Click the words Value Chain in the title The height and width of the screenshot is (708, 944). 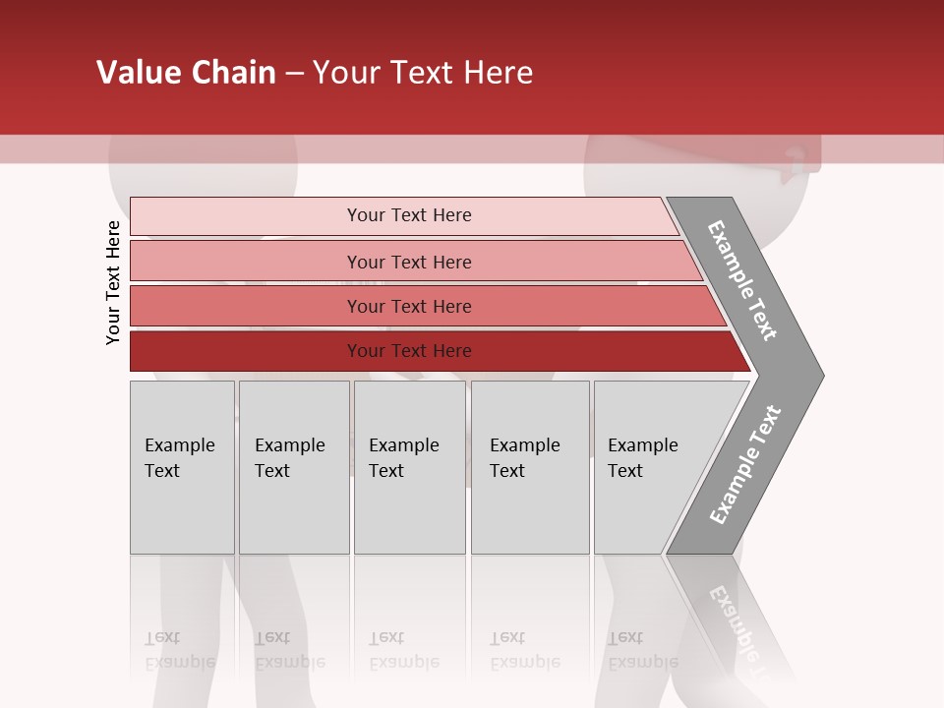[x=186, y=73]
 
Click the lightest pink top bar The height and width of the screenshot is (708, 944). [x=246, y=215]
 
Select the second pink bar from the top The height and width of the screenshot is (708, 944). [x=246, y=262]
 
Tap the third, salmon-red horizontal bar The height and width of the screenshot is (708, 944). [x=246, y=306]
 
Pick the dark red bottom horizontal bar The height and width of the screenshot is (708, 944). [x=246, y=351]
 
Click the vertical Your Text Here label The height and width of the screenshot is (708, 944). [x=113, y=282]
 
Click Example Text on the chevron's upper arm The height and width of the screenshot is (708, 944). [x=742, y=280]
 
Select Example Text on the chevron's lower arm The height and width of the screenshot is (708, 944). [x=744, y=465]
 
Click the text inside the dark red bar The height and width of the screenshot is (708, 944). [x=409, y=351]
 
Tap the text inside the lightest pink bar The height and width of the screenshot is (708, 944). [x=409, y=215]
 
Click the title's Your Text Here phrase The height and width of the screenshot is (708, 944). [x=423, y=73]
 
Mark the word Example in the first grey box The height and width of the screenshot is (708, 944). [x=179, y=445]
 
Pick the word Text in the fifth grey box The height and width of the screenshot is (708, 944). [x=624, y=471]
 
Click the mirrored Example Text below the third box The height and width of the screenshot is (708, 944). [x=403, y=651]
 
